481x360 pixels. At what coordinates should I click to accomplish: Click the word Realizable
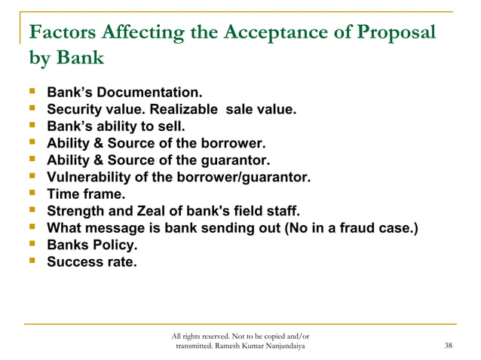[x=184, y=110]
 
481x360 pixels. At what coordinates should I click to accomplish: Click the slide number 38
[x=449, y=346]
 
